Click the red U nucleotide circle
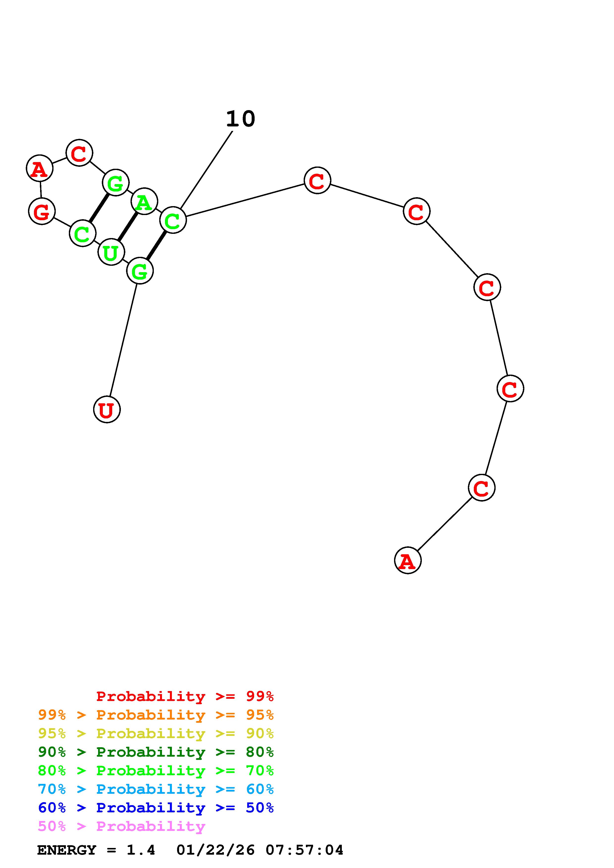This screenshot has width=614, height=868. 107,410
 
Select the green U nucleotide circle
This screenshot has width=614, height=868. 111,252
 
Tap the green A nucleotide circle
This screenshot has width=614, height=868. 144,201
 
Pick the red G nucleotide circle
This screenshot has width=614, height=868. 42,211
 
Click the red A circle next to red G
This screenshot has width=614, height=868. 40,168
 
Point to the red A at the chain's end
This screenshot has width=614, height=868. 407,560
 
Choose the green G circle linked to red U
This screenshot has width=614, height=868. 140,271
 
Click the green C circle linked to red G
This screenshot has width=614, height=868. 82,233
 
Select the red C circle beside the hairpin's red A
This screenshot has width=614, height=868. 79,153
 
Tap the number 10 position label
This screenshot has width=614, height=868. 240,119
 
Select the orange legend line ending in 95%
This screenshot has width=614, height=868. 156,715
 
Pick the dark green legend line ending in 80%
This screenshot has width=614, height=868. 156,752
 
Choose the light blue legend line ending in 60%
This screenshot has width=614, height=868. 156,789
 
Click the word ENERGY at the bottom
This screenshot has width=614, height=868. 67,850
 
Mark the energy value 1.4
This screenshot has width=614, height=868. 141,850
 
